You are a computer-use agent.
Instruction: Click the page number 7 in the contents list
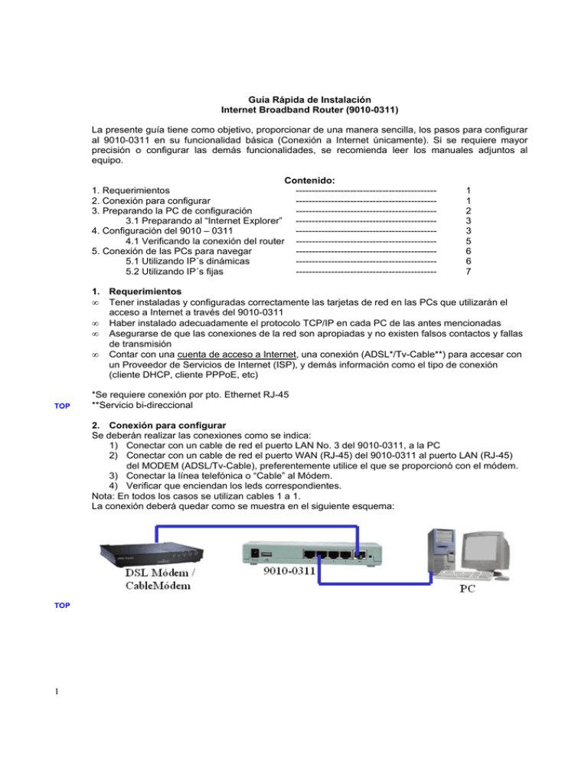click(469, 271)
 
